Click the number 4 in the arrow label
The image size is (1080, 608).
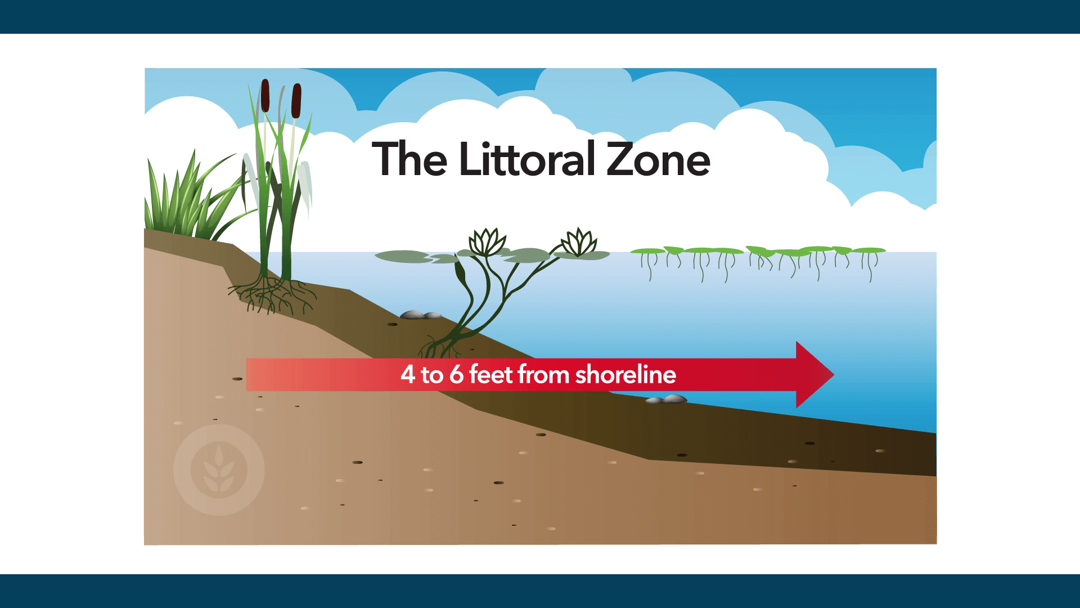[x=407, y=375]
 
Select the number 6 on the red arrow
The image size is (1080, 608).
[x=456, y=375]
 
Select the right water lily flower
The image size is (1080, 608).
[x=576, y=242]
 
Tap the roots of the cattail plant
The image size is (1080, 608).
[x=271, y=293]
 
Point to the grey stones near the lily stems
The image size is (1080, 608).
[x=421, y=315]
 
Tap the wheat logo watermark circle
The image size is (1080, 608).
[x=219, y=470]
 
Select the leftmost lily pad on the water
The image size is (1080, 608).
[x=403, y=256]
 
